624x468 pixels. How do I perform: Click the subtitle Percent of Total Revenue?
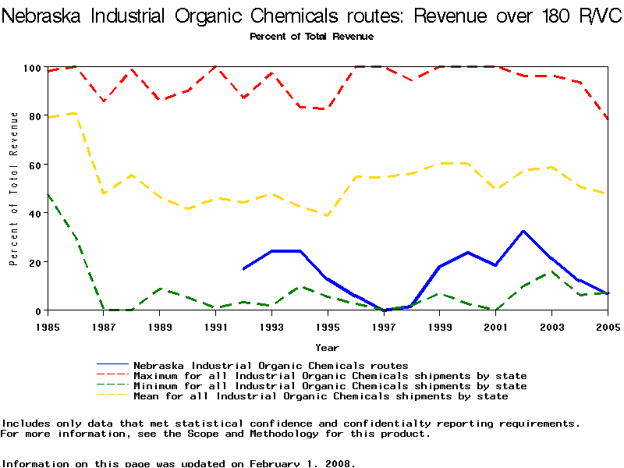(311, 37)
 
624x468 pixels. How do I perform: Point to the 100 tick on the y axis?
(32, 68)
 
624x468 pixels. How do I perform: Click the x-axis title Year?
(327, 347)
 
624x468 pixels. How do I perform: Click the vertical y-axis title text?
(14, 189)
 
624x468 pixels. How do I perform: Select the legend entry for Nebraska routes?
(271, 365)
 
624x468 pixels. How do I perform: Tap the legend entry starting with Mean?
(321, 396)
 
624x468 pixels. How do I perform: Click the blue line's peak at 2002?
(523, 231)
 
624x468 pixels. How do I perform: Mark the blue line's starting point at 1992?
(243, 269)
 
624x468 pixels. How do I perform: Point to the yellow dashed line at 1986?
(75, 113)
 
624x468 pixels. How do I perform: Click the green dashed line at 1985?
(48, 194)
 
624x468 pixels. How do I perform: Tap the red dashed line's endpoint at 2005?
(608, 119)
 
